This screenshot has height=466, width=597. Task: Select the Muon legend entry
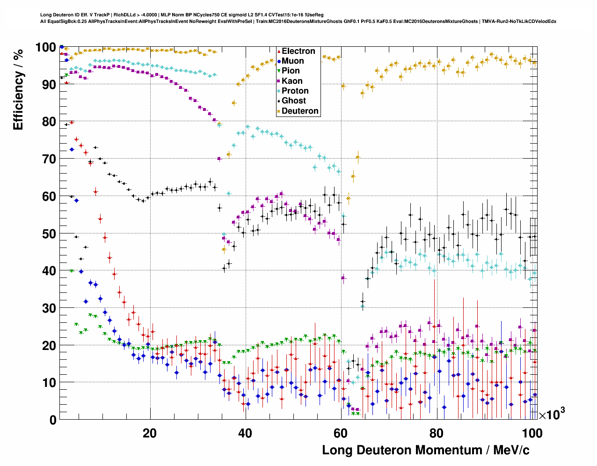pyautogui.click(x=292, y=61)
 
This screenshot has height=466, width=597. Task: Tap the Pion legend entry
pyautogui.click(x=291, y=71)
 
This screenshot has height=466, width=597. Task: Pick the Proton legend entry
pyautogui.click(x=295, y=91)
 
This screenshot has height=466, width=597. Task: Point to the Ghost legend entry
pyautogui.click(x=293, y=101)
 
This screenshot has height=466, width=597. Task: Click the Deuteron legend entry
pyautogui.click(x=300, y=111)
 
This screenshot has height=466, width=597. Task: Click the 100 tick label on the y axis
pyautogui.click(x=46, y=47)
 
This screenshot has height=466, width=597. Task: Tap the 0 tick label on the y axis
pyautogui.click(x=53, y=420)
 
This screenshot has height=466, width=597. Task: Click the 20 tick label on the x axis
pyautogui.click(x=150, y=433)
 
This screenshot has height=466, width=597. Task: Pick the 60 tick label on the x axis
pyautogui.click(x=341, y=433)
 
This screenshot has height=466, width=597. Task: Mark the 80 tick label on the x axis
pyautogui.click(x=436, y=433)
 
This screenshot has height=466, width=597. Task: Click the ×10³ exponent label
pyautogui.click(x=552, y=414)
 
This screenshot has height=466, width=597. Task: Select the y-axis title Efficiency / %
pyautogui.click(x=18, y=89)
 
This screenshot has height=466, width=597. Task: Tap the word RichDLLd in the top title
pyautogui.click(x=126, y=15)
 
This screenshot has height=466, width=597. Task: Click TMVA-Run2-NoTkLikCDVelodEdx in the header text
pyautogui.click(x=520, y=22)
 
